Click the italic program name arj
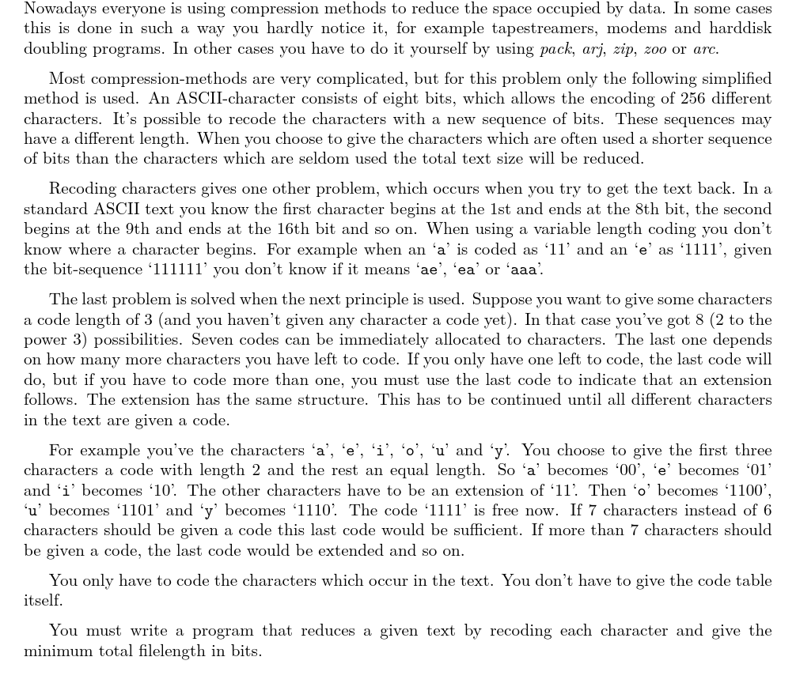tap(593, 49)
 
